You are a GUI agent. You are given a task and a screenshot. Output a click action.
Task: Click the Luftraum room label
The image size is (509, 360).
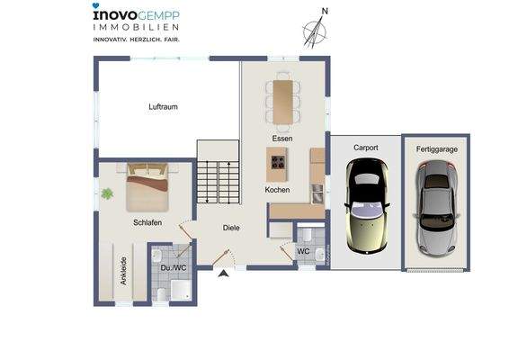(164, 107)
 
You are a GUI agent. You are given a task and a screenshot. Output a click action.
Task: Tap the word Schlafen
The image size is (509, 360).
(147, 222)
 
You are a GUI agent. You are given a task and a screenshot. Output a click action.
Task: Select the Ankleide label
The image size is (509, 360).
(122, 271)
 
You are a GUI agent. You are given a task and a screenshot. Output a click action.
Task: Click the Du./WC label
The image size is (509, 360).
(173, 267)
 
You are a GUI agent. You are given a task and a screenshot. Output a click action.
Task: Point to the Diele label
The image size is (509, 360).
(231, 228)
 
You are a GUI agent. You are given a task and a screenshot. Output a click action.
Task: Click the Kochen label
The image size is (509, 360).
(277, 190)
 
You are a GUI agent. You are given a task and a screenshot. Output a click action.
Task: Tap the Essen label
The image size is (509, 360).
(283, 138)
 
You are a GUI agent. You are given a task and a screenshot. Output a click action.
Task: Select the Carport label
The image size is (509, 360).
(365, 147)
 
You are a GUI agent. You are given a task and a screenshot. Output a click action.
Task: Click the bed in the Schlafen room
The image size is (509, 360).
(147, 186)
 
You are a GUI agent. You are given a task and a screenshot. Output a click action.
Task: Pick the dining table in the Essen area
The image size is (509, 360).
(284, 99)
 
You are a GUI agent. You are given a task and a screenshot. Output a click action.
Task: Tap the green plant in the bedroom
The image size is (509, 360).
(108, 193)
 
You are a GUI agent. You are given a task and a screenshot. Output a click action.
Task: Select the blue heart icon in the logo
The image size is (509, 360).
(96, 6)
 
